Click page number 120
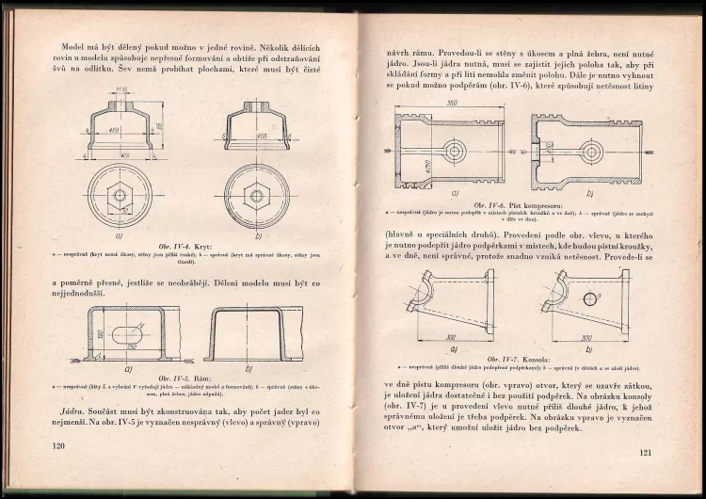point(57,445)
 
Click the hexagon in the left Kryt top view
point(120,196)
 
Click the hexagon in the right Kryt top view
point(253,196)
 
